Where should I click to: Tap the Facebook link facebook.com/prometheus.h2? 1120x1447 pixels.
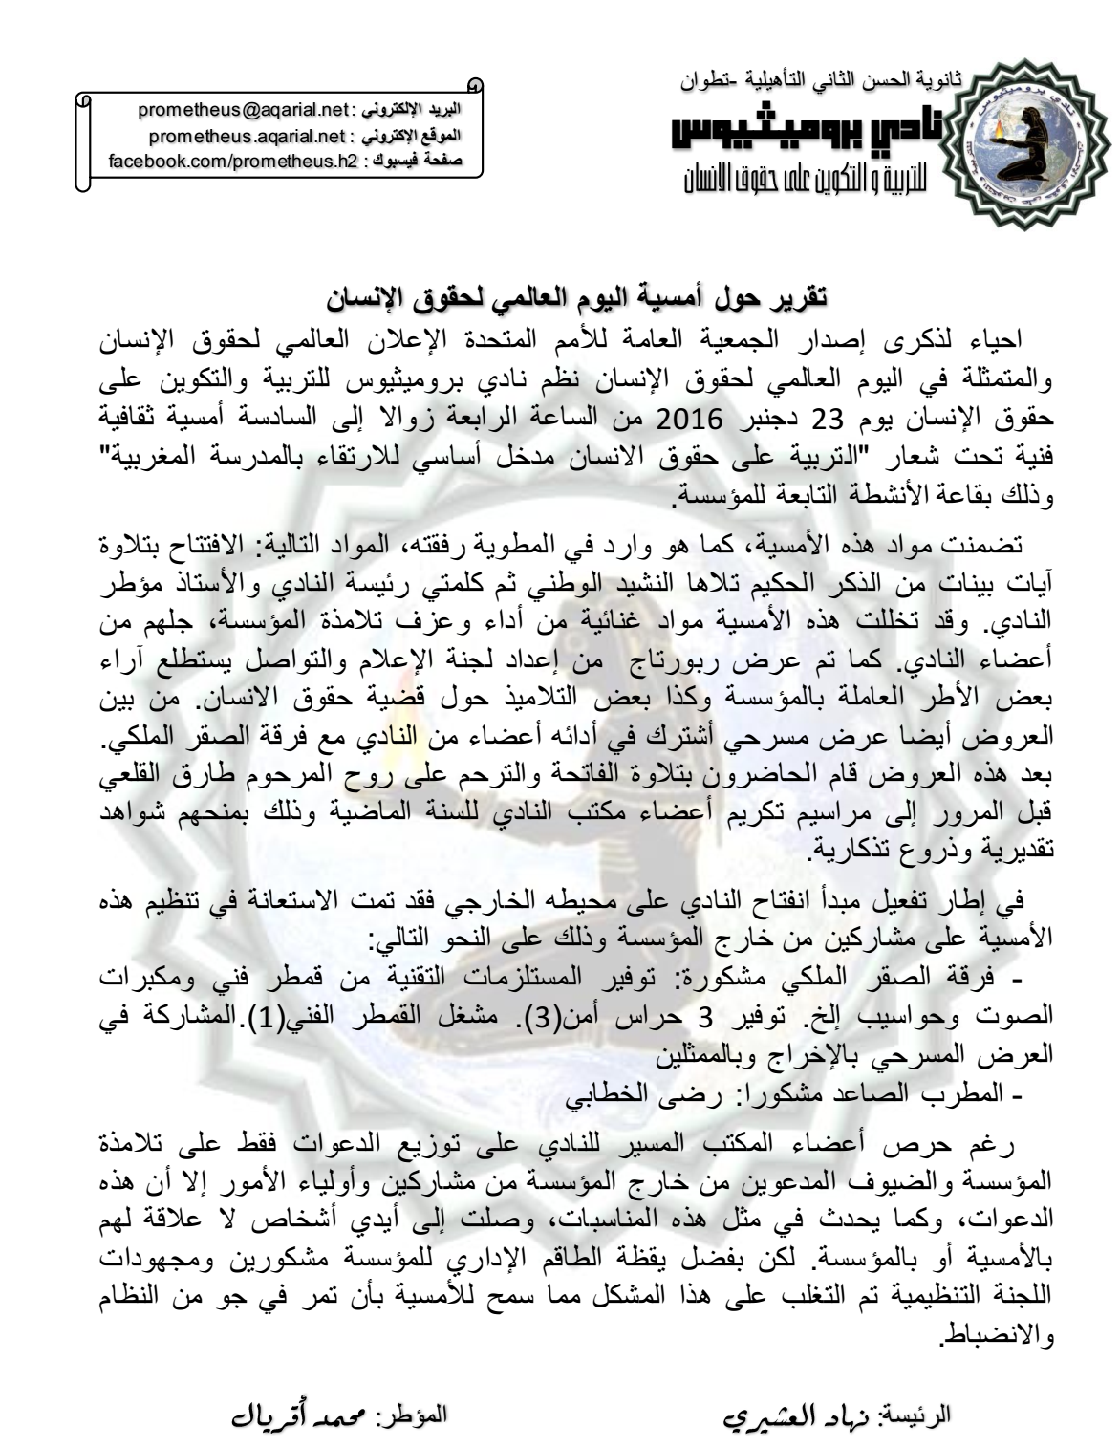coord(232,160)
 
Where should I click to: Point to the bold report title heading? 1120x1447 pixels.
coord(572,297)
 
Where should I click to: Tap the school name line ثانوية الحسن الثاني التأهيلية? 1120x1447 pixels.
coord(823,82)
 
